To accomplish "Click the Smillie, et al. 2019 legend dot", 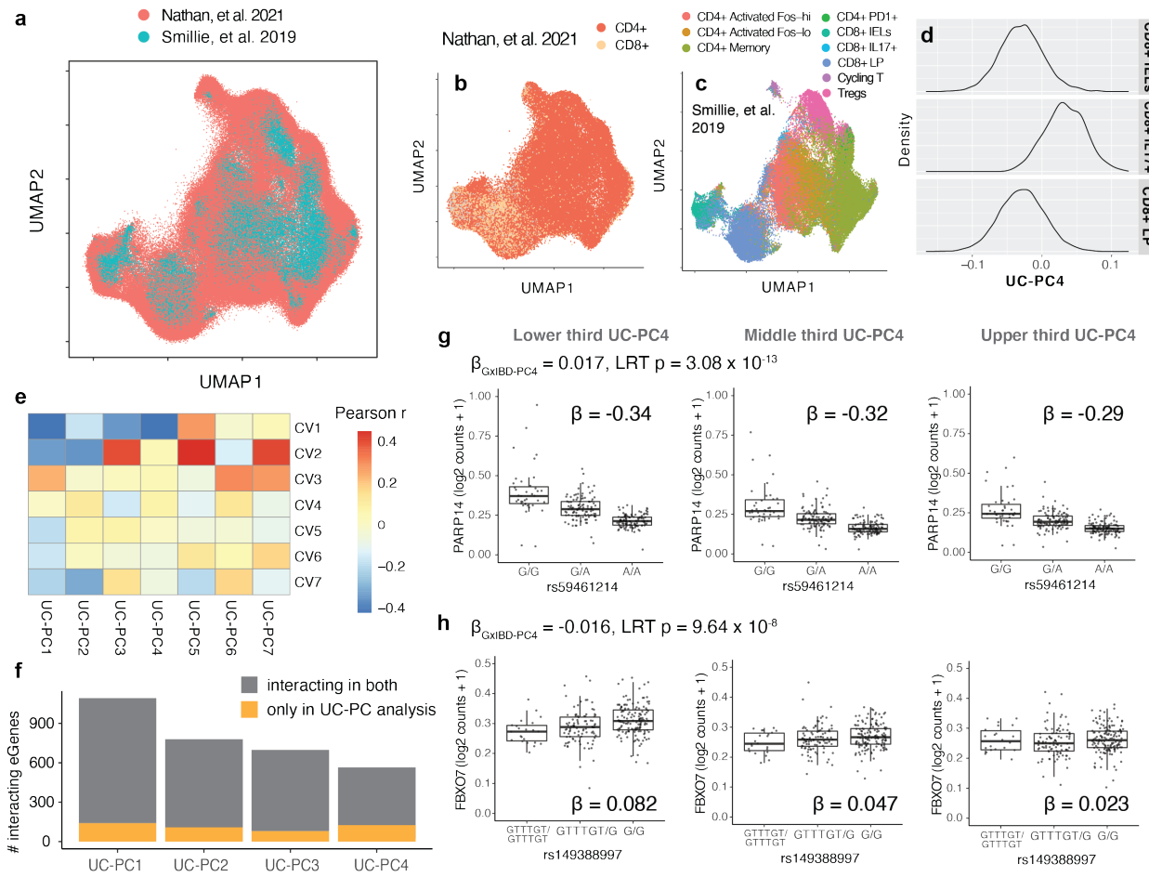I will click(x=144, y=37).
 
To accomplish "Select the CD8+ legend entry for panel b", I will click(x=602, y=45).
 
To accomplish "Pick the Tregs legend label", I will click(x=851, y=93).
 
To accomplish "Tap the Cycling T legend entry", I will click(x=859, y=78).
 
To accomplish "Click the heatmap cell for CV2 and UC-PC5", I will click(x=196, y=453).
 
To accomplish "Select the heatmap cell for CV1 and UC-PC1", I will click(x=46, y=426).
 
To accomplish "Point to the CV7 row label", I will click(x=307, y=582).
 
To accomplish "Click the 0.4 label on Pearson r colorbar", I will click(x=387, y=441).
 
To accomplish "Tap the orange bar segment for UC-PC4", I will click(x=376, y=833).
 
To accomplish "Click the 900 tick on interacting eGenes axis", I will click(x=40, y=724).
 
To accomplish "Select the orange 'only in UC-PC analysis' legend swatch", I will click(x=249, y=710).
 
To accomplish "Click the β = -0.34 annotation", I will click(x=611, y=414).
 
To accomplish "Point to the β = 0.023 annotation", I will click(x=1086, y=805).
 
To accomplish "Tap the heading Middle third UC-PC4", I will click(x=823, y=335).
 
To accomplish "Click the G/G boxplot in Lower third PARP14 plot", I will click(x=529, y=495).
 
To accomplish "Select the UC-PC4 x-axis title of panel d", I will click(x=1035, y=281).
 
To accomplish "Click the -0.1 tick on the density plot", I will click(x=972, y=264).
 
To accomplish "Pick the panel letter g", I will click(x=444, y=337).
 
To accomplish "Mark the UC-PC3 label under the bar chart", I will click(x=292, y=866).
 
